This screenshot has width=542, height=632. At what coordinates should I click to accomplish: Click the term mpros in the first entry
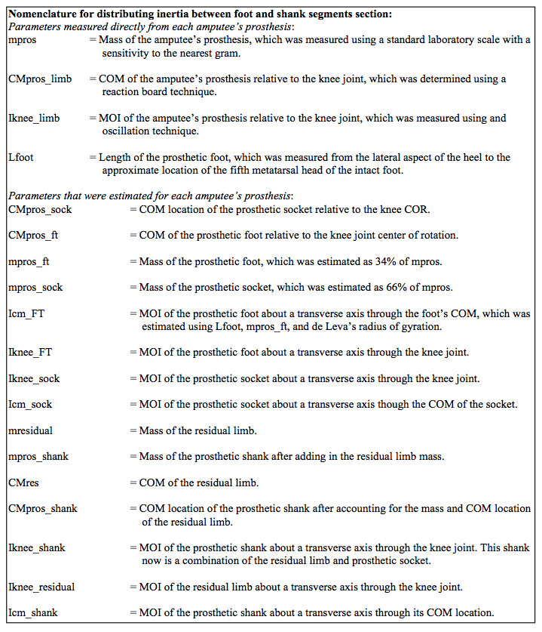(21, 40)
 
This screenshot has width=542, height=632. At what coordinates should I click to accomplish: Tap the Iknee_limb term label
(34, 119)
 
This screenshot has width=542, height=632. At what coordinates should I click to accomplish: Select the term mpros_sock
(34, 288)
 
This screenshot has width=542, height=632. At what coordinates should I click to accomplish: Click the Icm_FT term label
(28, 313)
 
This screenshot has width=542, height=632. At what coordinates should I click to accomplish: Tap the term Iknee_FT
(32, 353)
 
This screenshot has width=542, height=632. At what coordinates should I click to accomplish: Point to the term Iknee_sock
(34, 378)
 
